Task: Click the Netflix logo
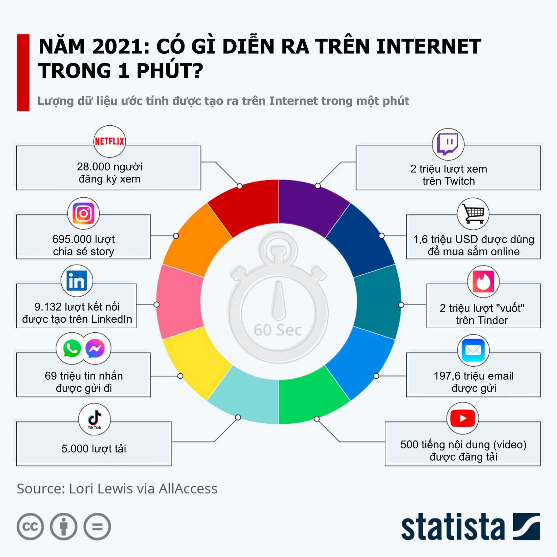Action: click(110, 141)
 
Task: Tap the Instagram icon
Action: click(84, 213)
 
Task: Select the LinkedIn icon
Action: click(77, 281)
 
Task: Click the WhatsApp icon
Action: click(72, 348)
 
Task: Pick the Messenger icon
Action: click(95, 348)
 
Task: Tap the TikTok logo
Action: click(94, 419)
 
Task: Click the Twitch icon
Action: click(448, 144)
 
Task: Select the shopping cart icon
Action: click(473, 213)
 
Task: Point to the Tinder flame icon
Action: click(483, 281)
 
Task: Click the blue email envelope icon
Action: click(473, 350)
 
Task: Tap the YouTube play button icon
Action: click(463, 418)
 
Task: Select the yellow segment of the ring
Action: click(195, 362)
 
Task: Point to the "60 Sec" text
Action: click(278, 330)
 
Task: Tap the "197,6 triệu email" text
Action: click(473, 376)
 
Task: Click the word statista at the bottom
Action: click(453, 527)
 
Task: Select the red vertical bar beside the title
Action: click(23, 72)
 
